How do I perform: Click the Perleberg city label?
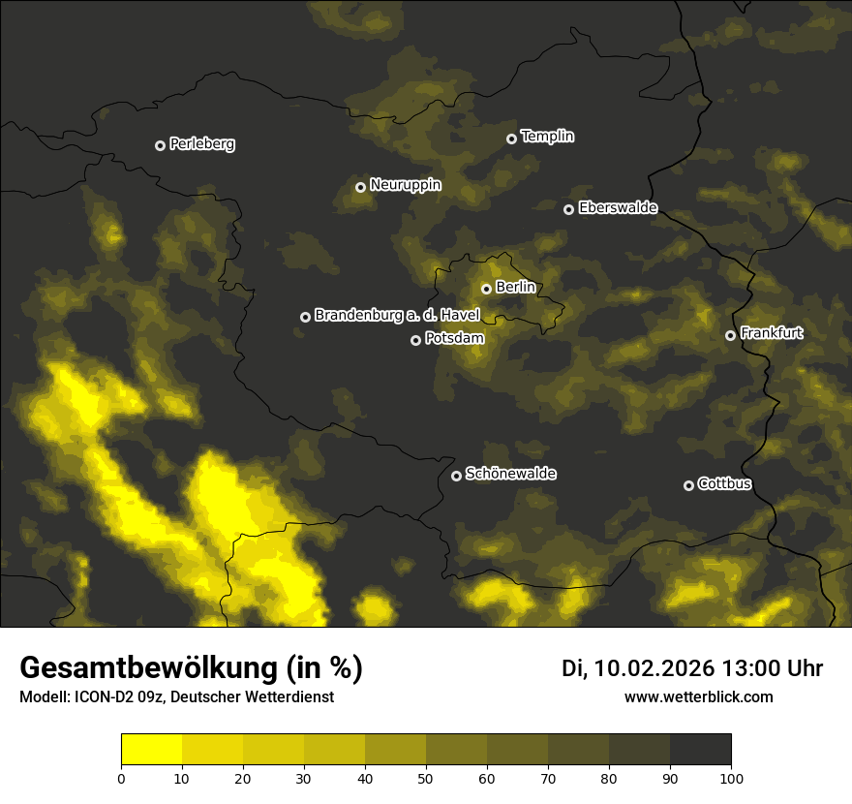tap(201, 144)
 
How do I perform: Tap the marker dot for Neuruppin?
tap(360, 187)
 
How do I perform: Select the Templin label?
tap(547, 137)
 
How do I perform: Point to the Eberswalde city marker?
tap(568, 209)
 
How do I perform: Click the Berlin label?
tap(515, 287)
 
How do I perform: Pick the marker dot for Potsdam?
tap(415, 340)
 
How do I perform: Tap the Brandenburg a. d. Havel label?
tap(397, 316)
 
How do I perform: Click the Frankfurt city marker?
tap(730, 335)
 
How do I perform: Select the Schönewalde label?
tap(510, 474)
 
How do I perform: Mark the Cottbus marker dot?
tap(688, 485)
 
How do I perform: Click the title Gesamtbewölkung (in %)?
tap(191, 668)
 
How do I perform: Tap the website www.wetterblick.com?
tap(698, 696)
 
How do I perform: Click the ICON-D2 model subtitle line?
tap(176, 697)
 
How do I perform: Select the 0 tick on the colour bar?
tap(121, 777)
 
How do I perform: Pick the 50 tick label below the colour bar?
tap(426, 777)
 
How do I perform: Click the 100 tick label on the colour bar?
tap(730, 777)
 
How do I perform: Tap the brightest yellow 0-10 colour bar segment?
tap(151, 750)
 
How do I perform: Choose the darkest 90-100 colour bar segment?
tap(700, 750)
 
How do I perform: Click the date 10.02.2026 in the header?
tap(654, 668)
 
